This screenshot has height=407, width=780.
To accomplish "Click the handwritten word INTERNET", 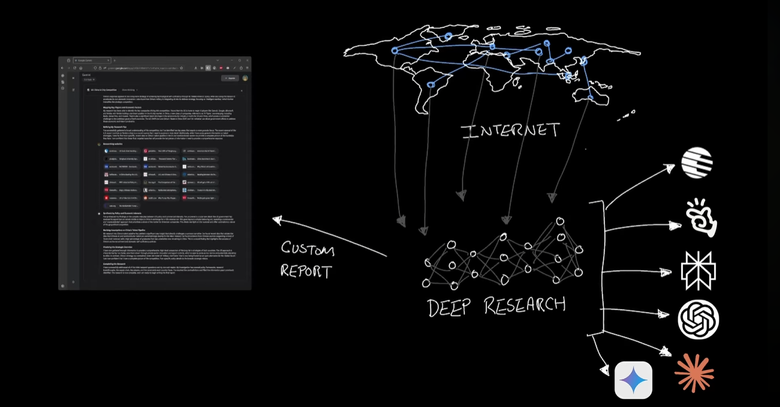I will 510,130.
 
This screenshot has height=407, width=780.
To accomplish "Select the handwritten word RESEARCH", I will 524,306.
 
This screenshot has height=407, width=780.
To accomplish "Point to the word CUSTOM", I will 308,249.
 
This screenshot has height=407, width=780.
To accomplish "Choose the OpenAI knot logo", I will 698,319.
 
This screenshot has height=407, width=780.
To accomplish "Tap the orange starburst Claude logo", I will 694,372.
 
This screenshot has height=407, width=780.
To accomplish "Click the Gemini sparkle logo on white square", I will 633,380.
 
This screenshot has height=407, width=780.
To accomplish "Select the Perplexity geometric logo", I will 698,270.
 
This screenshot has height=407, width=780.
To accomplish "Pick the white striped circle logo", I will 697,162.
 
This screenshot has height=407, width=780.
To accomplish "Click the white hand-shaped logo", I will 701,218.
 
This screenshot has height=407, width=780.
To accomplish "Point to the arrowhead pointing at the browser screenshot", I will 277,220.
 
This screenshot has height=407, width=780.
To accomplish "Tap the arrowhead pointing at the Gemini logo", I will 605,370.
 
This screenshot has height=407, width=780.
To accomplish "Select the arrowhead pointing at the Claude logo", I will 666,352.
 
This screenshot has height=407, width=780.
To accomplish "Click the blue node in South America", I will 431,85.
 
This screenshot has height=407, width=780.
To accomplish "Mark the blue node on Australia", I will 590,97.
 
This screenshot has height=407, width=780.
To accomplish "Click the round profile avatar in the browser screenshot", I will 245,78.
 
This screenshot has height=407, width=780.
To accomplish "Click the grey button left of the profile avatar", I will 229,78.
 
